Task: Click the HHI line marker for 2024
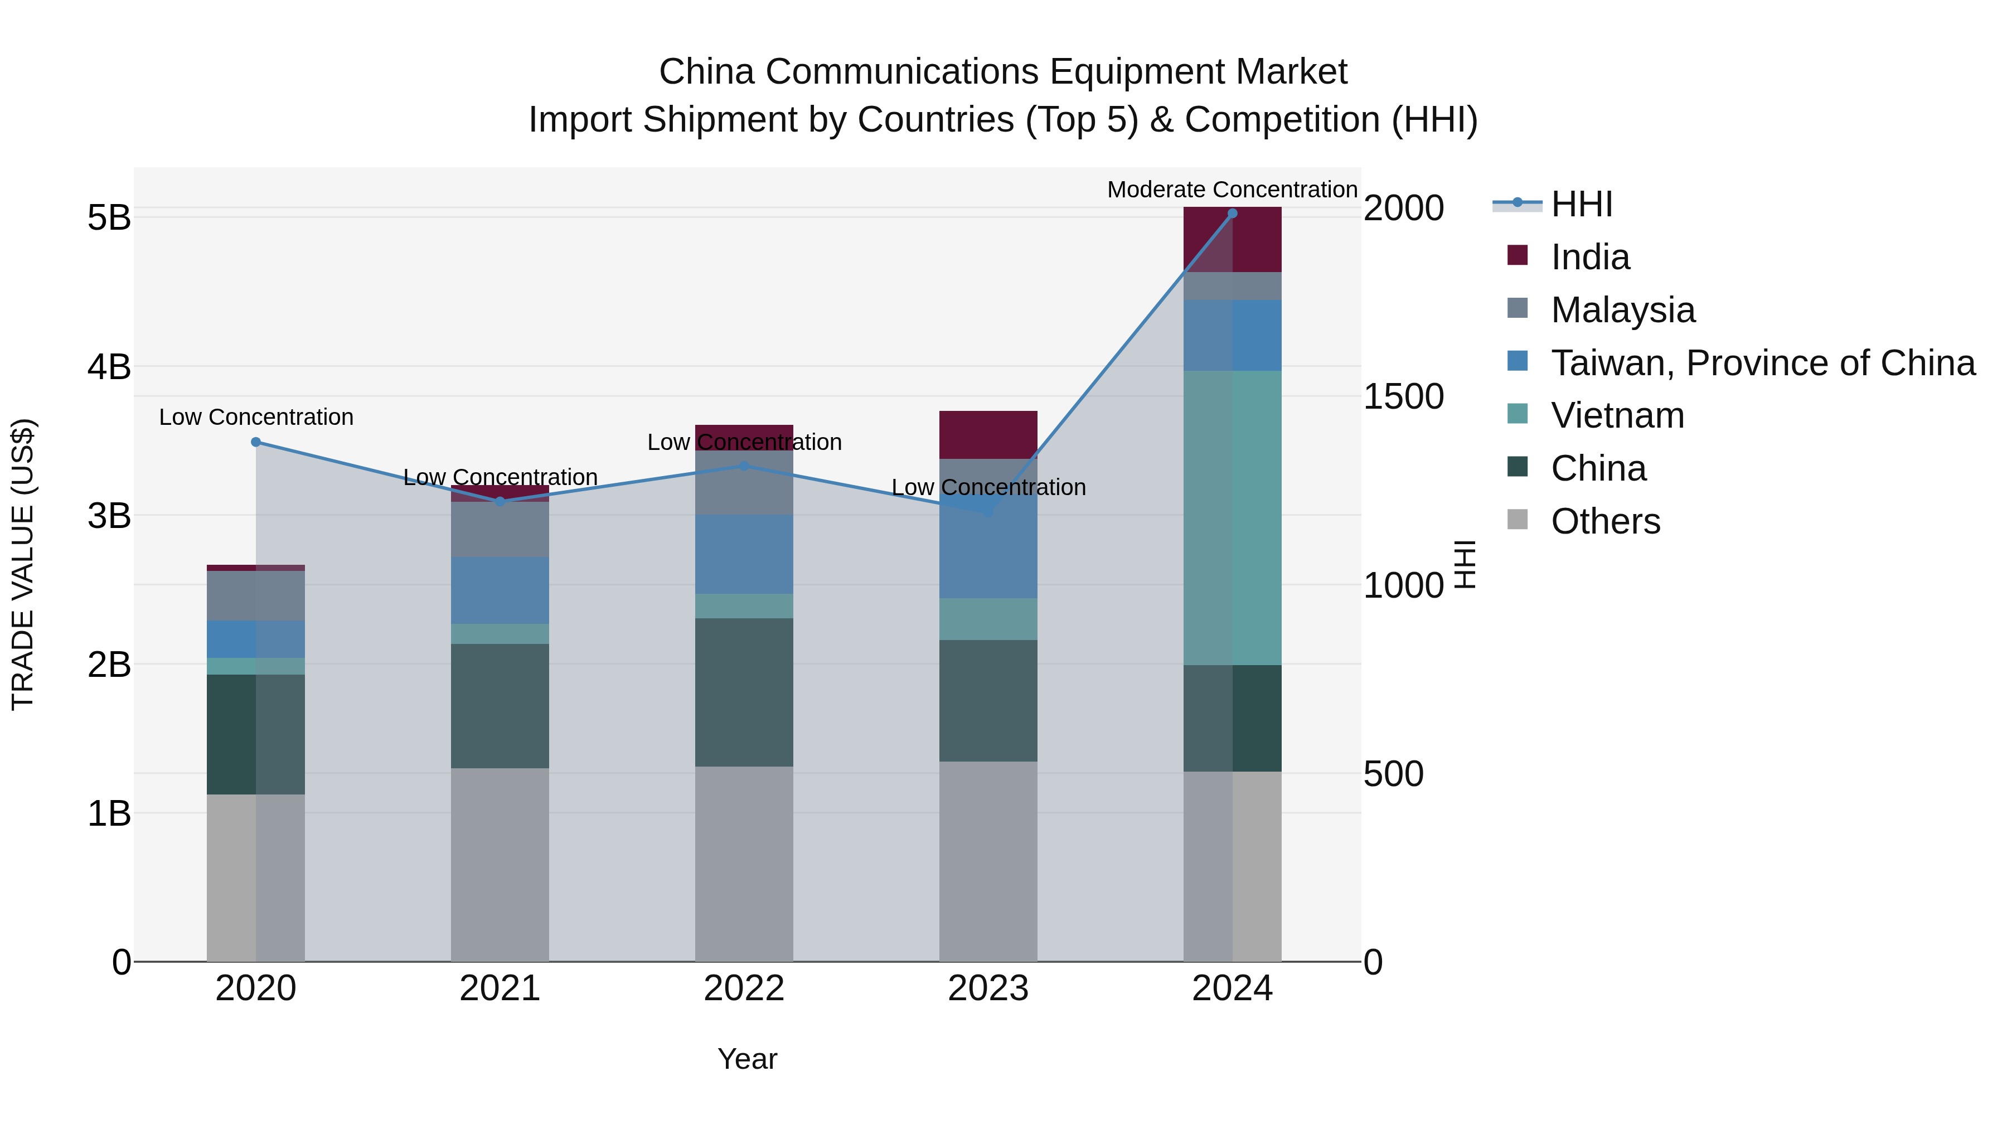[1232, 214]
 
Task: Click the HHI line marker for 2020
[255, 442]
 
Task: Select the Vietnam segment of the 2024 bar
[1232, 517]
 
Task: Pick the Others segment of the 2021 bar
[500, 864]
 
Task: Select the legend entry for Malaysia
[1622, 310]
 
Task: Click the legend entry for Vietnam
[1617, 415]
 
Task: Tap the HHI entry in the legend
[1581, 204]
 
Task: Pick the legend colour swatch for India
[1517, 255]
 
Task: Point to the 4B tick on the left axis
[109, 367]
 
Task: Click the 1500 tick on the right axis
[1403, 396]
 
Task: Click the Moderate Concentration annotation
[1232, 190]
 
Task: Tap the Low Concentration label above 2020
[255, 417]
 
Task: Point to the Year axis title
[746, 1059]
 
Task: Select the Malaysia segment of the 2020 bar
[255, 595]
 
